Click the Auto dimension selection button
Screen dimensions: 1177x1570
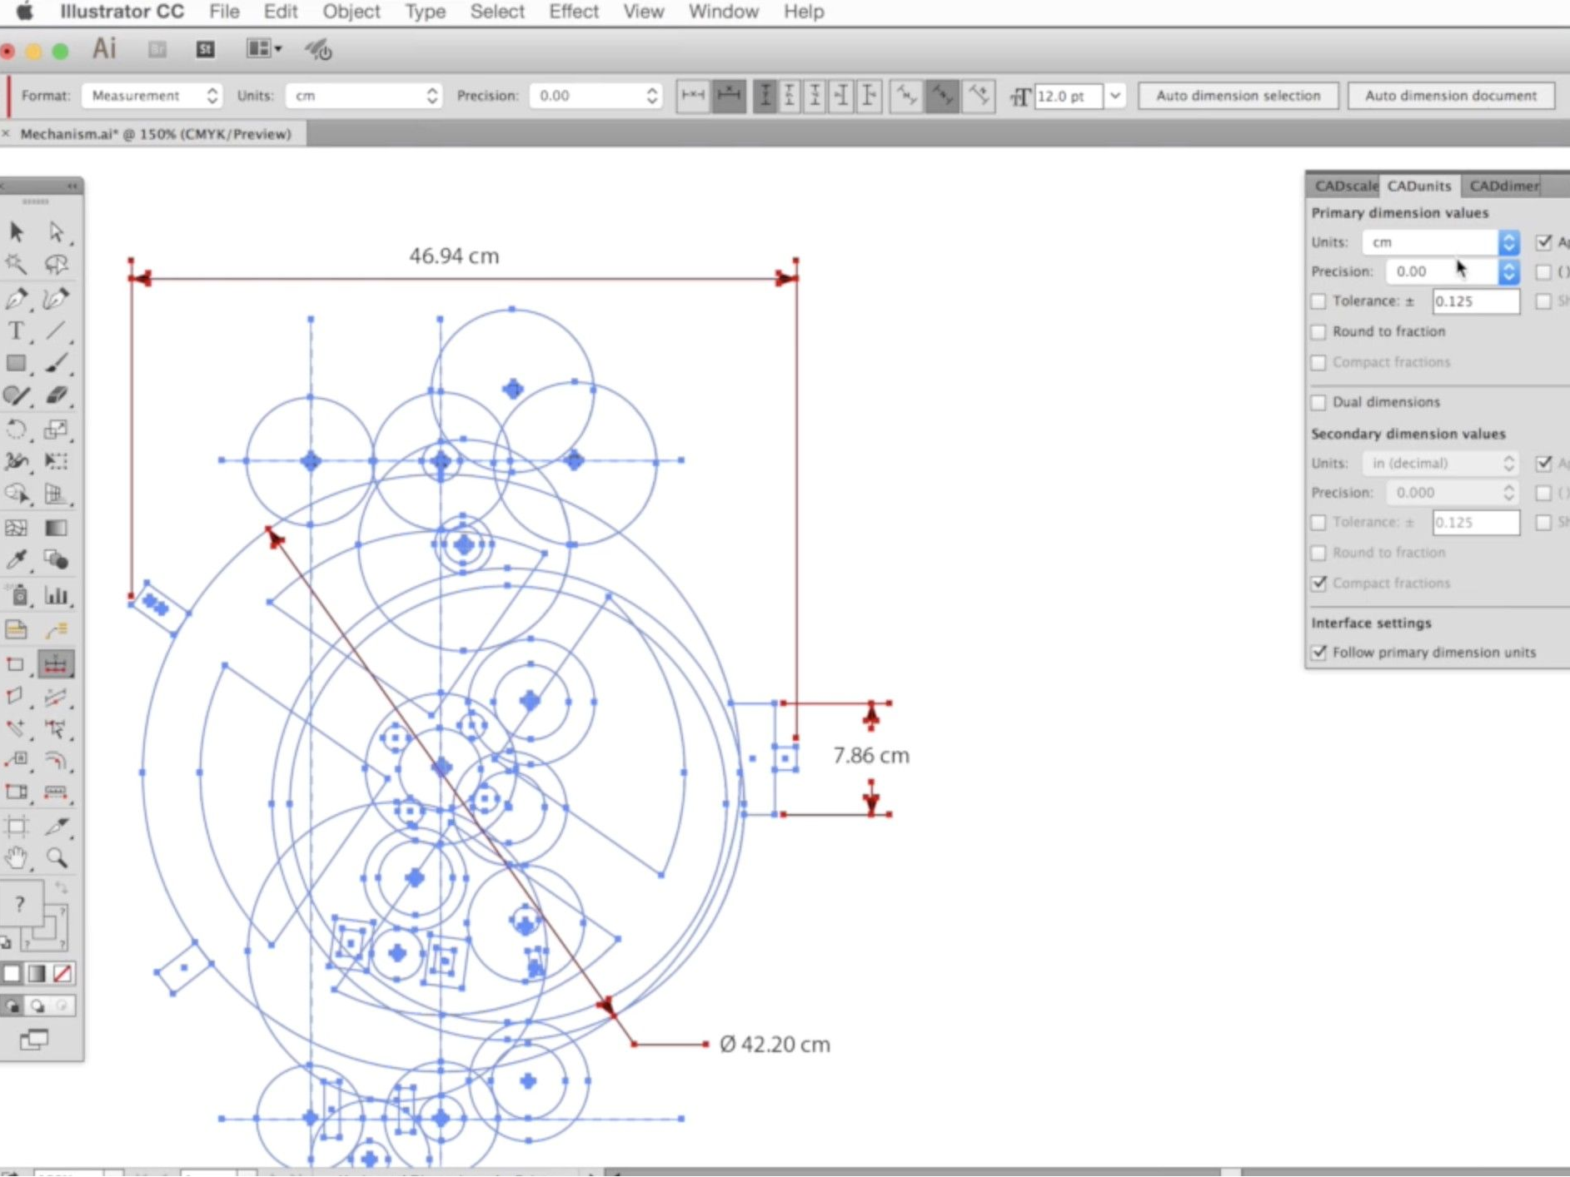[1238, 96]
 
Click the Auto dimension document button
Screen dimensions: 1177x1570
[1450, 96]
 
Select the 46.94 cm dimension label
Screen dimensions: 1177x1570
[454, 256]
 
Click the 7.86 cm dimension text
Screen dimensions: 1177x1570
[871, 756]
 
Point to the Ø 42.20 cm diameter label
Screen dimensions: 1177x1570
[775, 1045]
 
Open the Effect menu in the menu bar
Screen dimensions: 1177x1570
[573, 12]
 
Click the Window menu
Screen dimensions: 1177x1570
[723, 12]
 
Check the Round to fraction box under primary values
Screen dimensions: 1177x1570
[1318, 332]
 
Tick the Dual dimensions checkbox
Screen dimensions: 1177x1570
[1318, 403]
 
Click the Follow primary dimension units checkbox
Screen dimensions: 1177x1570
[1318, 653]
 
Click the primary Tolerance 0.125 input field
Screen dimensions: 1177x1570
[1474, 301]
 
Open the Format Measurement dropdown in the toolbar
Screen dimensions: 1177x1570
[152, 96]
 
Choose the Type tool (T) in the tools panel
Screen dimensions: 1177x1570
[16, 331]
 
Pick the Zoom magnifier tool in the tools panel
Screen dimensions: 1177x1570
[57, 858]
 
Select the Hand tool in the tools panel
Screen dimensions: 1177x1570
[16, 858]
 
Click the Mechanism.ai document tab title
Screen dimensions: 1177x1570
[156, 134]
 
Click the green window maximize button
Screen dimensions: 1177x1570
[60, 52]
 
